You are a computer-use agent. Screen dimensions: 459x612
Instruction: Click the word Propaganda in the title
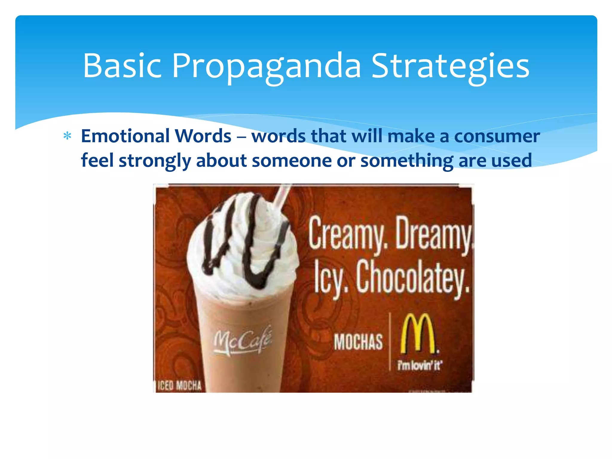[267, 66]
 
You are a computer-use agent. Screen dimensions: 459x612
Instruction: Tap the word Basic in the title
[122, 66]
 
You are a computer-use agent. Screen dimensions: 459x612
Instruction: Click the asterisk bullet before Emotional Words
[67, 136]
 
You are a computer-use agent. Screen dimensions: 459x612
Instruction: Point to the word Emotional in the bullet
[126, 136]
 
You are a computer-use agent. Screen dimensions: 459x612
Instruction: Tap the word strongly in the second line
[155, 161]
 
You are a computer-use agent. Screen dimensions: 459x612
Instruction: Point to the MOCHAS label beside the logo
[358, 342]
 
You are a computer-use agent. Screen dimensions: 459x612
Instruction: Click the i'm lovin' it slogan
[419, 365]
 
